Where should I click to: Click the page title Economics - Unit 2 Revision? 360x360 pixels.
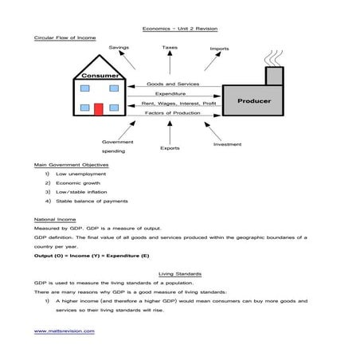click(x=179, y=28)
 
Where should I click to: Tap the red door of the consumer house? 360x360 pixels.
click(x=99, y=109)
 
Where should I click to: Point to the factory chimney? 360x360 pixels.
click(x=273, y=74)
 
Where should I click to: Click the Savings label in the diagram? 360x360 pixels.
click(x=119, y=49)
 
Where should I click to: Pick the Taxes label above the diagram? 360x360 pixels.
click(x=170, y=48)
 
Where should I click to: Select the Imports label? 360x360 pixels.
click(x=219, y=49)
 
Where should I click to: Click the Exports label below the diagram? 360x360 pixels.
click(x=170, y=147)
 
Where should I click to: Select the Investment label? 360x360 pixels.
click(x=227, y=144)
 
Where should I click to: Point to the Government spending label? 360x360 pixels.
click(x=117, y=146)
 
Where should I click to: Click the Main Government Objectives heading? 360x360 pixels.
click(x=71, y=164)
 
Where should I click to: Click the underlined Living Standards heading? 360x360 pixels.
click(x=179, y=273)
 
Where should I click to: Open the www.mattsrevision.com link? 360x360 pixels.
click(x=64, y=331)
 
